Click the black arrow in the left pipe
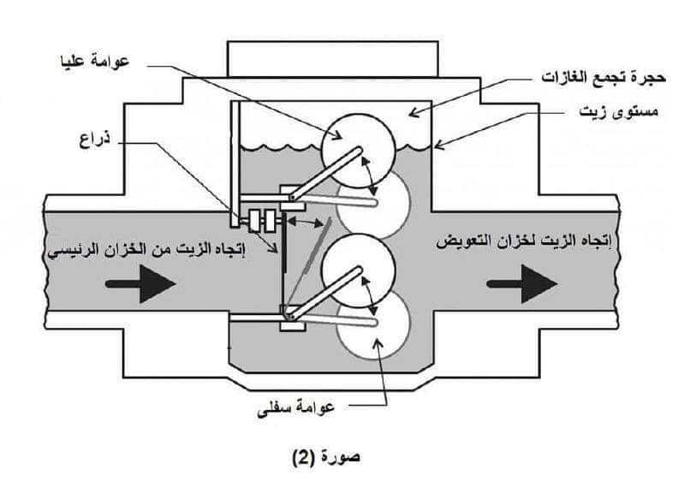(x=145, y=287)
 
